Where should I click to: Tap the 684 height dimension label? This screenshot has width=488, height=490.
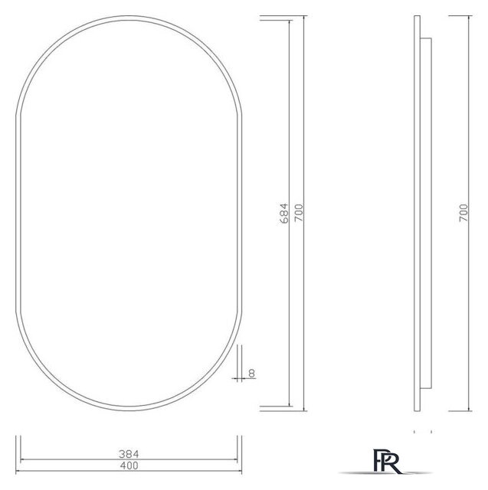pos(284,213)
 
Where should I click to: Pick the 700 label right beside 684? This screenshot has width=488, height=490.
pos(298,213)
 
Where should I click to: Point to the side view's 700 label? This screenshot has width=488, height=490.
pos(463,213)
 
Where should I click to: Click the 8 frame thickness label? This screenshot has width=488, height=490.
pos(252,374)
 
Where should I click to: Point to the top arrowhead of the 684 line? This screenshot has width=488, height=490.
pos(290,23)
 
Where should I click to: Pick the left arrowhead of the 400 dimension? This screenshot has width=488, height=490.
pos(21,459)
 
